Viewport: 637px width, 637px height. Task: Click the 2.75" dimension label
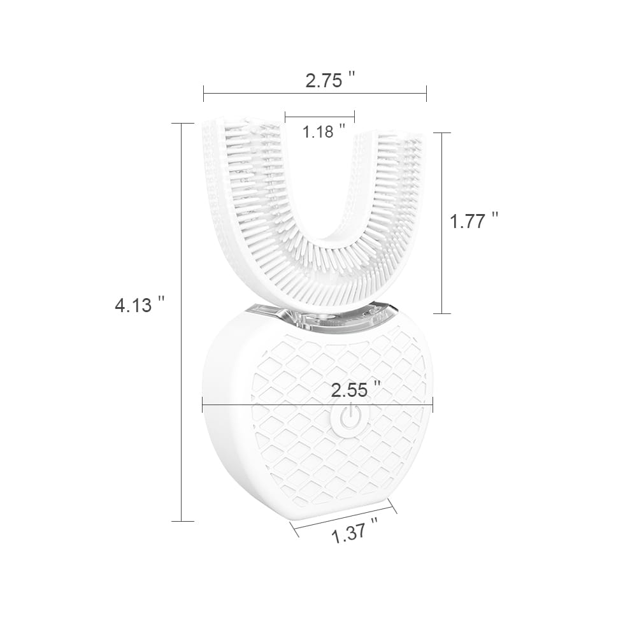point(329,80)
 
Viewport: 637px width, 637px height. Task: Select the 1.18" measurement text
point(324,132)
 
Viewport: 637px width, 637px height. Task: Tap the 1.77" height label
point(473,221)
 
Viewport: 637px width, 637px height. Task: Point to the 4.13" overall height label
point(140,305)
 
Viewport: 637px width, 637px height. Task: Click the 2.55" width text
point(355,390)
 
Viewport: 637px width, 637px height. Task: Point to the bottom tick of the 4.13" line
point(182,521)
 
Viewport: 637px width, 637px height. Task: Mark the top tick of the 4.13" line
point(182,123)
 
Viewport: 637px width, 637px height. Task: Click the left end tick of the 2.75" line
point(204,93)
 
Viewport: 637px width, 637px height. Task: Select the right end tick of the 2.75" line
point(426,93)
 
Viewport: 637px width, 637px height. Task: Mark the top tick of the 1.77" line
point(442,132)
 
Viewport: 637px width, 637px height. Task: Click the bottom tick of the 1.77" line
point(442,313)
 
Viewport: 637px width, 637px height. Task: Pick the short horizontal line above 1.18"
point(320,117)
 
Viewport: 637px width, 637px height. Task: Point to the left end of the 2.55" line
point(203,403)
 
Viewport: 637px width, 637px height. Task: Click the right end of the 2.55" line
point(433,403)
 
